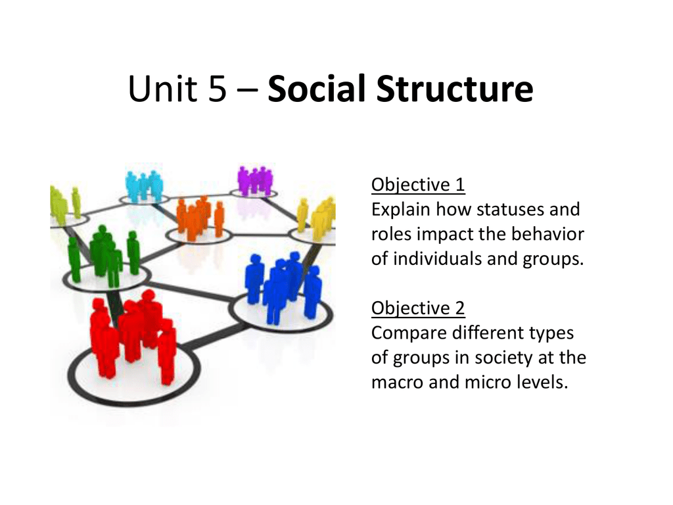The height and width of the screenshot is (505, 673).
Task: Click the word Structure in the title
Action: tap(455, 89)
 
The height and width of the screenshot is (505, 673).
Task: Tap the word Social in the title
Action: tap(317, 89)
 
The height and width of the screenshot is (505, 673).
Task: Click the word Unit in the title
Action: tap(163, 89)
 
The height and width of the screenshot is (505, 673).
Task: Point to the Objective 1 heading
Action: tap(418, 185)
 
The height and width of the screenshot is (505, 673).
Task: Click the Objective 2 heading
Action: tap(418, 308)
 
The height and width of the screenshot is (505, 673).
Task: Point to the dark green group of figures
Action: tap(104, 256)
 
